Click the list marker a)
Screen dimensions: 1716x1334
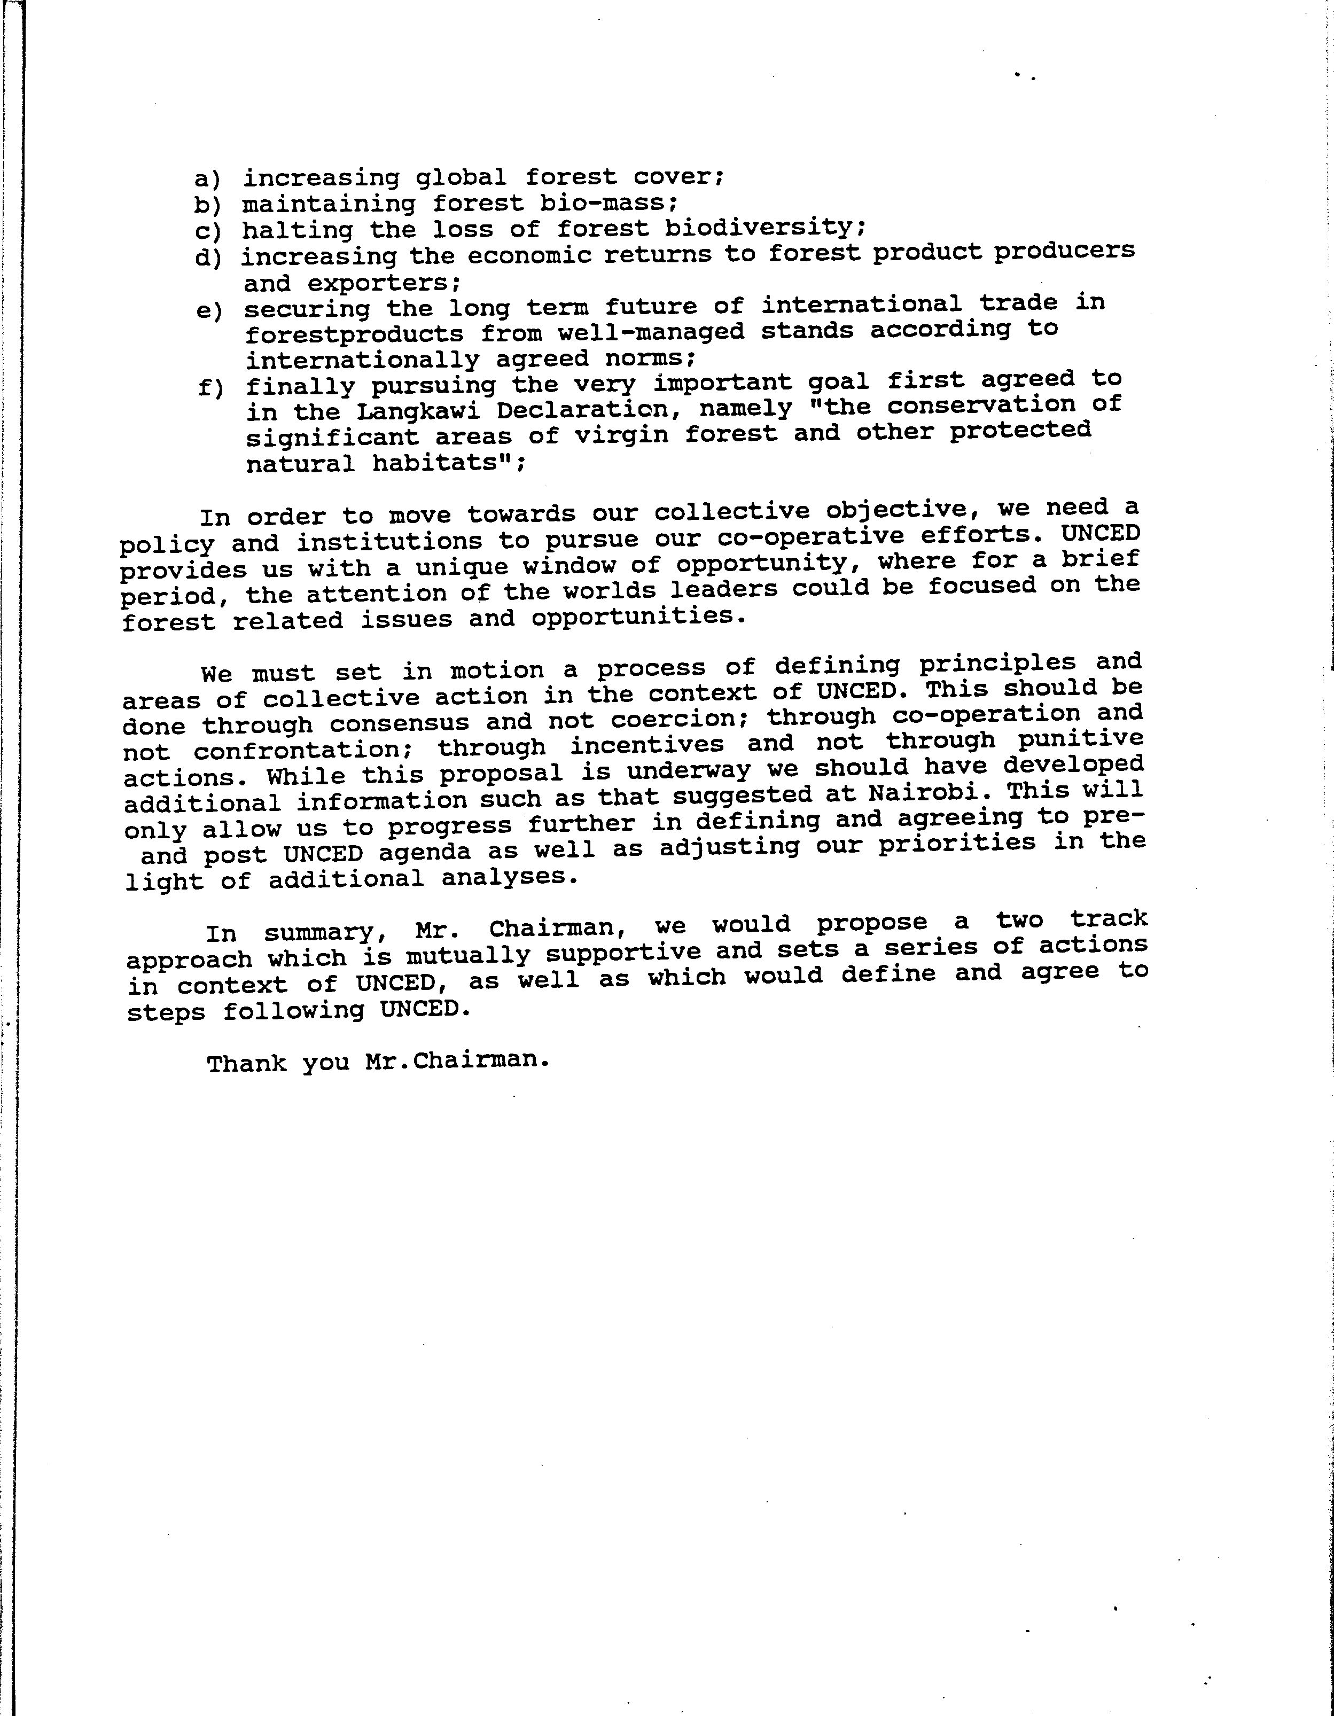(208, 180)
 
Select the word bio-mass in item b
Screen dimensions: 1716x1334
(608, 202)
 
